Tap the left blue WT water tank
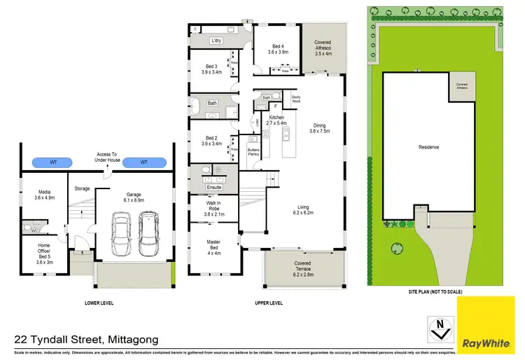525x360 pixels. pyautogui.click(x=53, y=162)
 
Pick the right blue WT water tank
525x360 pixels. pyautogui.click(x=144, y=162)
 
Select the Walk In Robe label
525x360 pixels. pyautogui.click(x=213, y=207)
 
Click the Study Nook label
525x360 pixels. pyautogui.click(x=295, y=100)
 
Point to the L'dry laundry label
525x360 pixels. pyautogui.click(x=218, y=41)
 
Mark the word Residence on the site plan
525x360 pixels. pyautogui.click(x=428, y=147)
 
